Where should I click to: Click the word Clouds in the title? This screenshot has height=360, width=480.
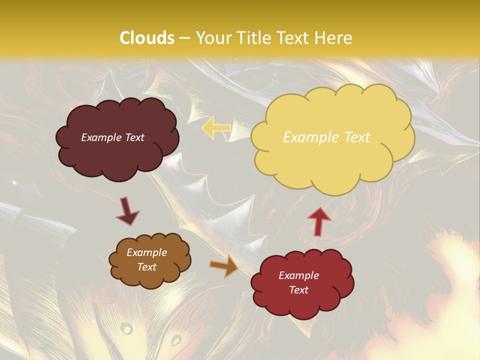147,38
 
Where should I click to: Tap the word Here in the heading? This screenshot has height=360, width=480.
334,38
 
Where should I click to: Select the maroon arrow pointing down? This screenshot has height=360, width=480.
127,211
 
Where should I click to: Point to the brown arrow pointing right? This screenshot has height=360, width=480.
224,266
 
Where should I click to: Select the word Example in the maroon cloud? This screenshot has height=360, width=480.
100,137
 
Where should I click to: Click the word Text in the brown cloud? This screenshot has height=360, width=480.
146,267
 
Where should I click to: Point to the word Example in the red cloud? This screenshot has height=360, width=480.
298,275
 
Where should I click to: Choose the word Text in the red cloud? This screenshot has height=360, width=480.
298,290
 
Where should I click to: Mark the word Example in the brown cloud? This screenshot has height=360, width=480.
146,252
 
